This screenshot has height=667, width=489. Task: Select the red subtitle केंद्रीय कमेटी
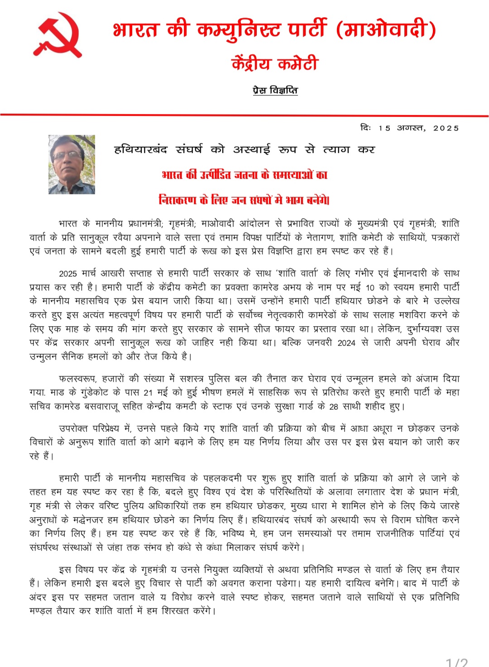(x=275, y=64)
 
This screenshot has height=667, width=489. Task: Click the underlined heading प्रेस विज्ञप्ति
(x=275, y=91)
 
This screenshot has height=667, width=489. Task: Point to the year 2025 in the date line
(x=446, y=128)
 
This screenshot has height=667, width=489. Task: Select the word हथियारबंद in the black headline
(x=141, y=149)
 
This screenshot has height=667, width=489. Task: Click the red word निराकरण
(x=178, y=200)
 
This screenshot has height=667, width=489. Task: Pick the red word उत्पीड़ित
(x=216, y=175)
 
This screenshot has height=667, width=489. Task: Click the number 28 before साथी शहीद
(x=334, y=407)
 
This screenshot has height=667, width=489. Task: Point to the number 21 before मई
(x=148, y=393)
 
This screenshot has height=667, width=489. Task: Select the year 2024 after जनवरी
(x=346, y=343)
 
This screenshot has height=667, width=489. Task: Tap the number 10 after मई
(x=370, y=288)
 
